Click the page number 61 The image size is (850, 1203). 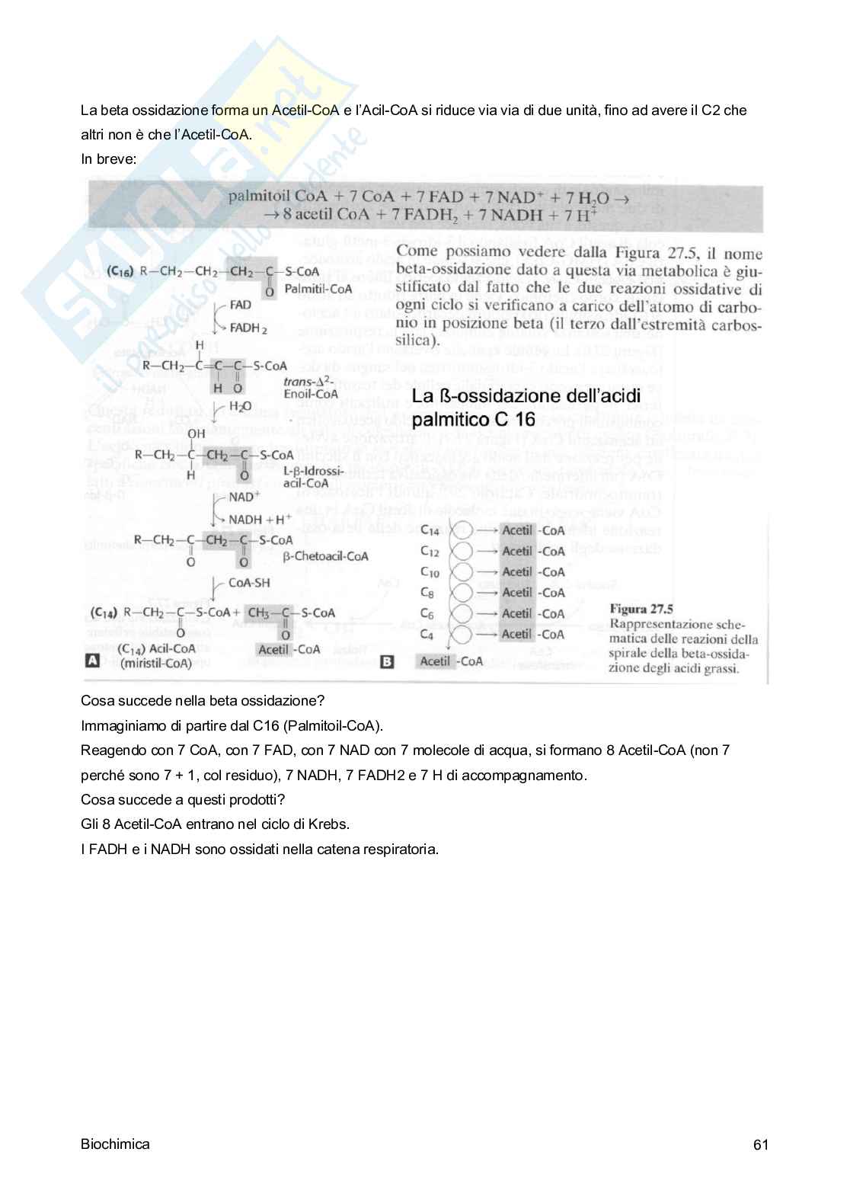[x=760, y=1144]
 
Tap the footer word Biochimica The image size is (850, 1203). [x=115, y=1144]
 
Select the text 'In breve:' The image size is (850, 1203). [x=108, y=159]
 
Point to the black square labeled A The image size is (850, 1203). [x=91, y=661]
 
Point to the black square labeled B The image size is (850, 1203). [x=387, y=662]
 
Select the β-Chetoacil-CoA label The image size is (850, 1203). [x=325, y=556]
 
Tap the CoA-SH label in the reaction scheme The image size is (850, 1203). [x=249, y=583]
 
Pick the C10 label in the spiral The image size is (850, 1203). [x=430, y=572]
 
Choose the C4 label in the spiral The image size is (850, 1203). [x=427, y=635]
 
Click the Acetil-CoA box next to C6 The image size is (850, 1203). [x=532, y=613]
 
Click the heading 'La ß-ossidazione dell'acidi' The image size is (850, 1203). [x=526, y=396]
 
